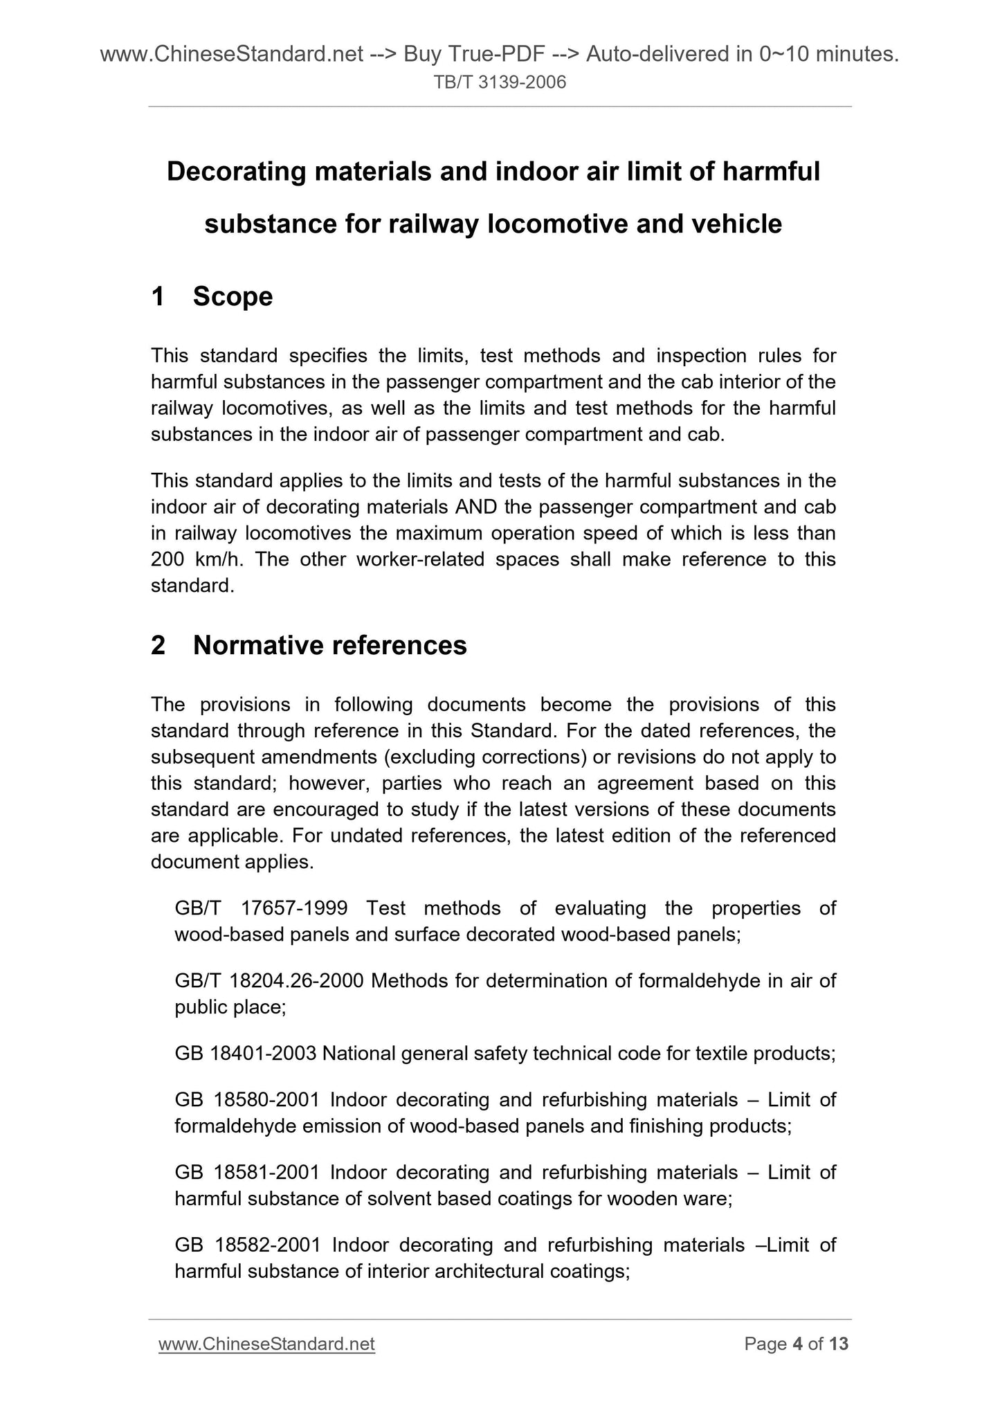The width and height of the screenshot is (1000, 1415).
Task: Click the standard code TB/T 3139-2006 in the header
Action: click(x=500, y=83)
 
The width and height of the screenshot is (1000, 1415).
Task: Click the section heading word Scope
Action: click(x=233, y=296)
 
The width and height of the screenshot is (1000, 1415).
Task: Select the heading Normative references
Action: click(x=329, y=645)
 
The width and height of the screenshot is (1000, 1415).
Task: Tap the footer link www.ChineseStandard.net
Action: click(x=266, y=1344)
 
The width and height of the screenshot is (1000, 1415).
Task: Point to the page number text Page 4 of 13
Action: click(x=796, y=1344)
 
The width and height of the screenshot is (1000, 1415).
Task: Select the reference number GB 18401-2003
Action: click(x=246, y=1053)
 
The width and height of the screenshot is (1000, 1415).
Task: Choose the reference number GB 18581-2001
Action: click(x=247, y=1172)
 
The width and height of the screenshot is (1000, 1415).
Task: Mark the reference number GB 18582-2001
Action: click(x=248, y=1245)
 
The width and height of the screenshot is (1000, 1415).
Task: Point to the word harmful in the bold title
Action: click(x=771, y=171)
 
